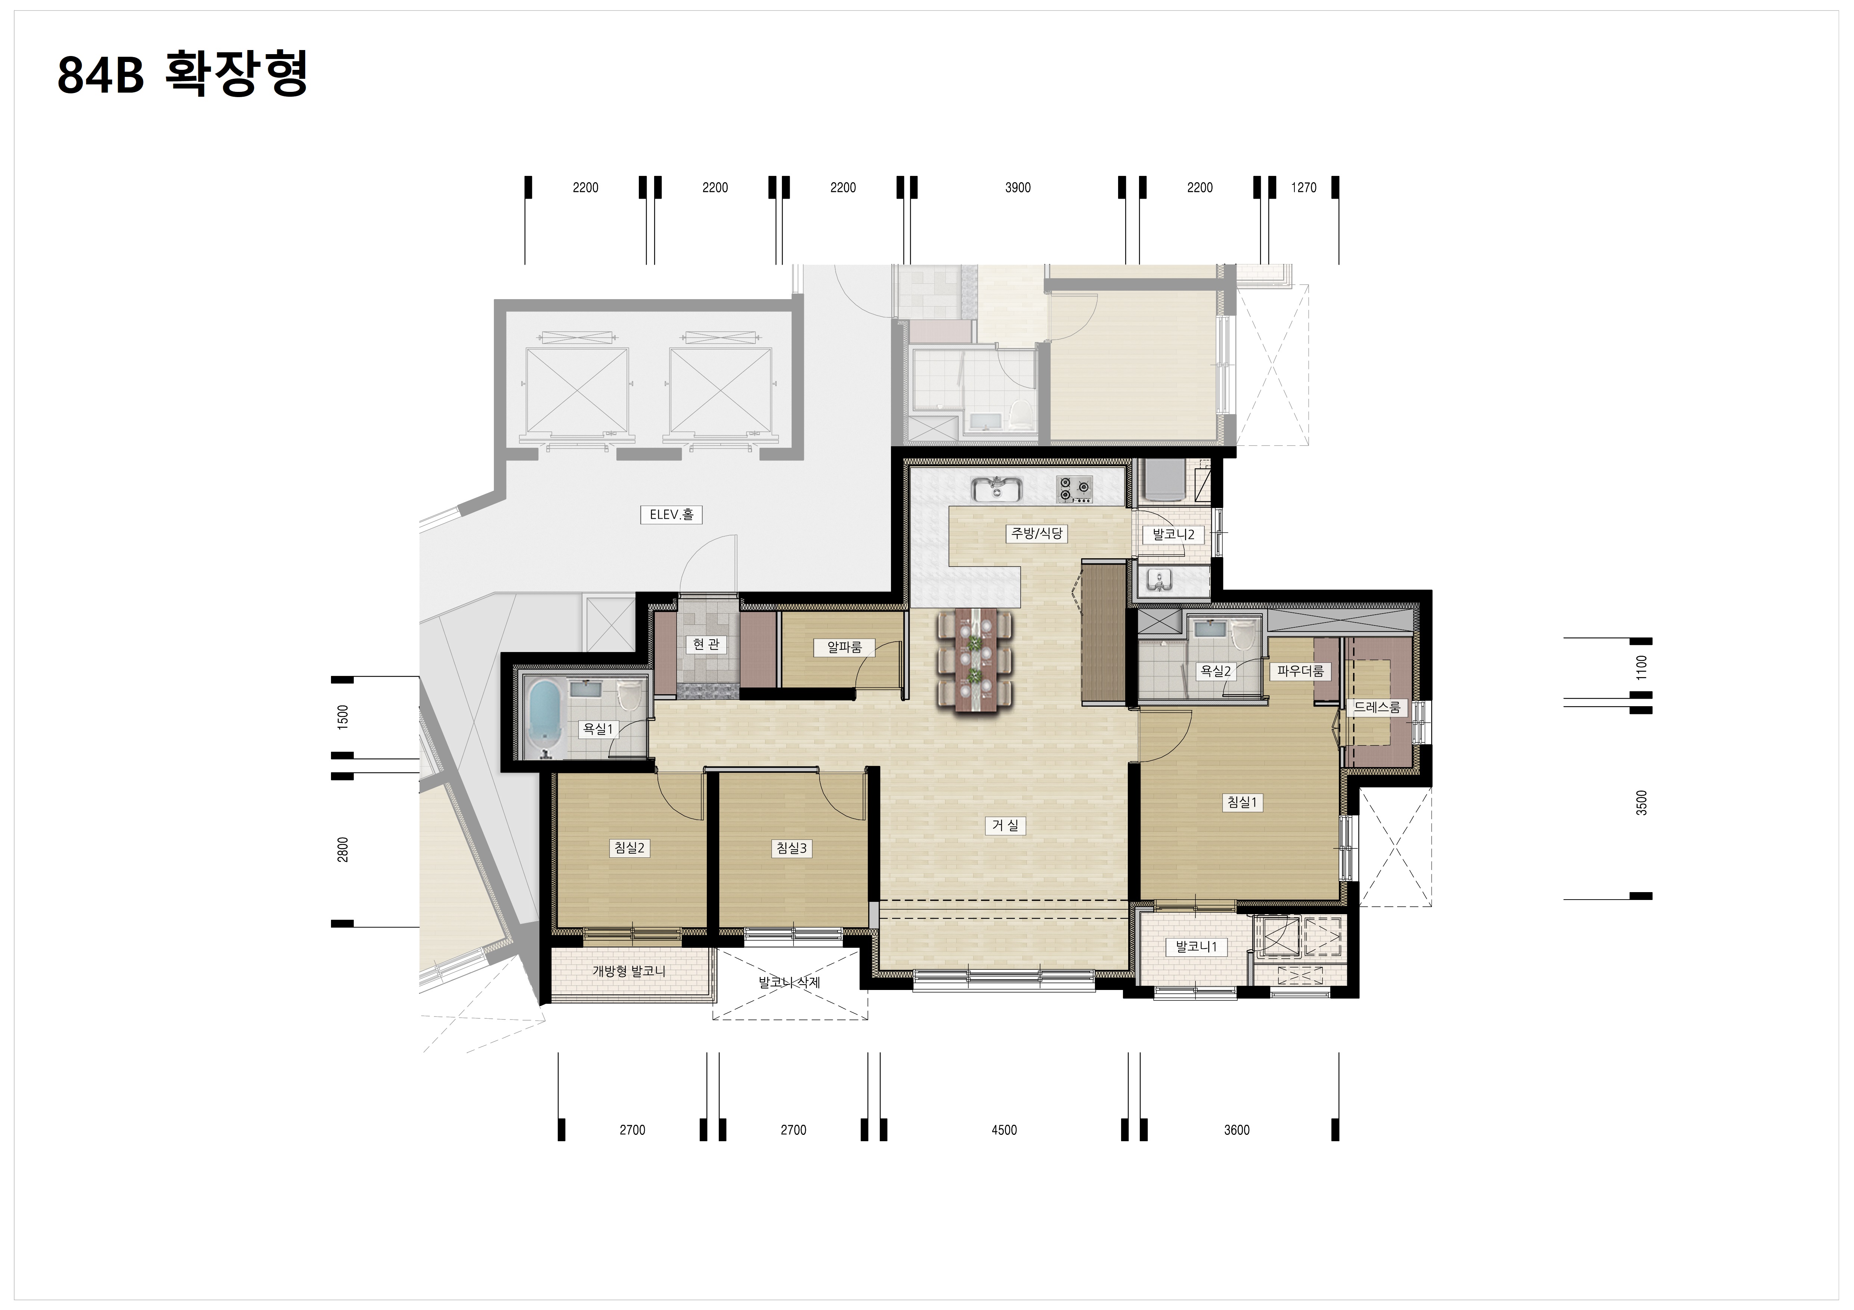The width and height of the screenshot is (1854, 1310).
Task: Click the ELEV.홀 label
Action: click(x=671, y=514)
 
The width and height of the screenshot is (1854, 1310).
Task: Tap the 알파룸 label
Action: click(x=845, y=646)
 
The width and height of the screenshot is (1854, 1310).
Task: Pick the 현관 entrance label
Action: click(x=706, y=644)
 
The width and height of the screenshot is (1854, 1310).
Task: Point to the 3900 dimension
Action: click(x=1018, y=187)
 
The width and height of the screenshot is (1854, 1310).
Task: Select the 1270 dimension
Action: click(x=1303, y=187)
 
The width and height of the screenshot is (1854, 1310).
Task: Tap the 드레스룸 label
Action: click(x=1377, y=707)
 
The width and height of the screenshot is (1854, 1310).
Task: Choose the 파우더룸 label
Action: click(x=1300, y=671)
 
